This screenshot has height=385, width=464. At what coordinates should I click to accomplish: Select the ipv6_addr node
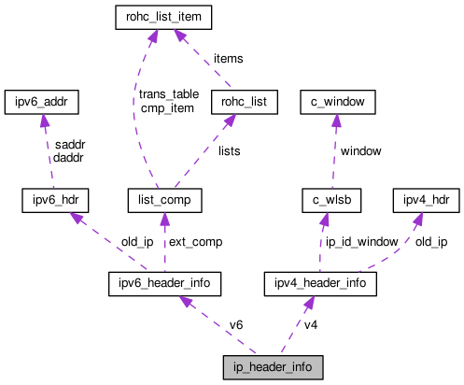[42, 100]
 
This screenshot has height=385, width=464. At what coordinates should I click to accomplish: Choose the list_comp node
[165, 200]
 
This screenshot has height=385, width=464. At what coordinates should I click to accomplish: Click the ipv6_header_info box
[164, 282]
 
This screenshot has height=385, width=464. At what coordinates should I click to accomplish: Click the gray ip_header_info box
[273, 367]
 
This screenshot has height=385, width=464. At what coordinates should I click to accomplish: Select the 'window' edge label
[360, 150]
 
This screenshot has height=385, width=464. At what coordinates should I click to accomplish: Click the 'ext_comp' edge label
[194, 241]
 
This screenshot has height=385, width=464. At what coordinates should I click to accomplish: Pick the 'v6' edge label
[238, 324]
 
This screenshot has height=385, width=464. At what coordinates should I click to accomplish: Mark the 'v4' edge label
[312, 324]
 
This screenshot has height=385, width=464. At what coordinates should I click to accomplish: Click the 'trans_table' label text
[169, 93]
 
